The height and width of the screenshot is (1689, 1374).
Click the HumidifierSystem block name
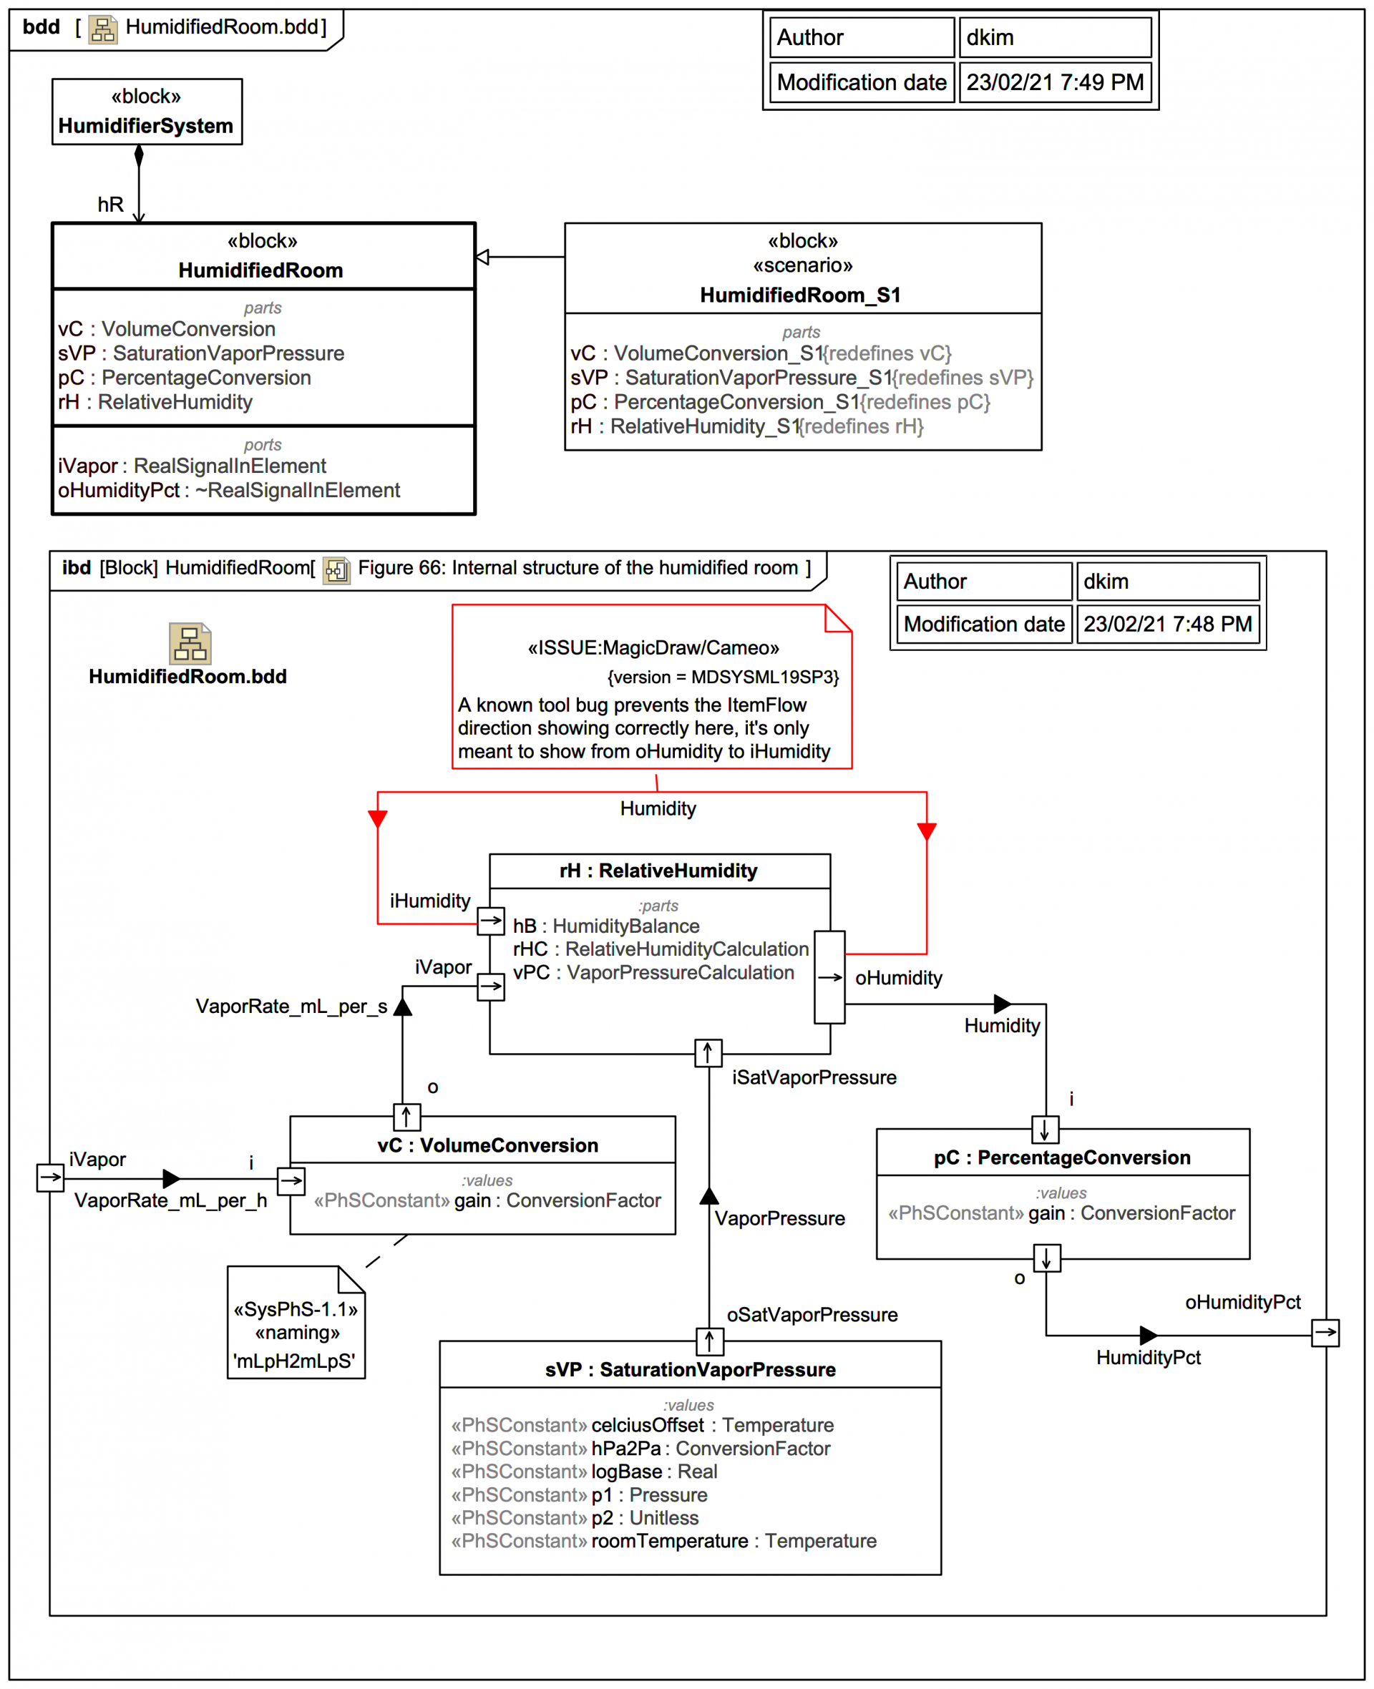(x=146, y=126)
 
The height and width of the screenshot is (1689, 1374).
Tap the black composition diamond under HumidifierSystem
(x=140, y=156)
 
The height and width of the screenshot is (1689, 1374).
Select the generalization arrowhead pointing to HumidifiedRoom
(x=482, y=257)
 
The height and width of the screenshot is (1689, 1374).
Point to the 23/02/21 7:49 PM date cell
(x=1054, y=82)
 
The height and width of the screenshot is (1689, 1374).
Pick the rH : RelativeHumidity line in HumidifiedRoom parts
(x=155, y=402)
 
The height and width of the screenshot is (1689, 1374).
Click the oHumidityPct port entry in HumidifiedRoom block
(x=229, y=491)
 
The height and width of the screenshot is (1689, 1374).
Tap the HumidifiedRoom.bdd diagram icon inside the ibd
(x=190, y=643)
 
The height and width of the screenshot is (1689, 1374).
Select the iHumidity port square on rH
(x=491, y=920)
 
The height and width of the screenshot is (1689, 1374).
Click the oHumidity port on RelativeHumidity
(x=829, y=977)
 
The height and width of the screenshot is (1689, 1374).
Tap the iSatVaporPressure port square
(x=708, y=1053)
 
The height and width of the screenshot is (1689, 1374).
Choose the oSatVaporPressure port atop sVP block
(x=709, y=1340)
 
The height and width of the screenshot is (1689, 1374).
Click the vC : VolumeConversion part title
(x=487, y=1145)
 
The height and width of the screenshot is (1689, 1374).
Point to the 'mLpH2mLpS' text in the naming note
(x=294, y=1361)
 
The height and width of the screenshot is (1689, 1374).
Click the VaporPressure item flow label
(x=779, y=1218)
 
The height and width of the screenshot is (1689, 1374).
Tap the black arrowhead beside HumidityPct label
(x=1148, y=1336)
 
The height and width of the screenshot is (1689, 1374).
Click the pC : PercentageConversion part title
(x=1061, y=1157)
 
